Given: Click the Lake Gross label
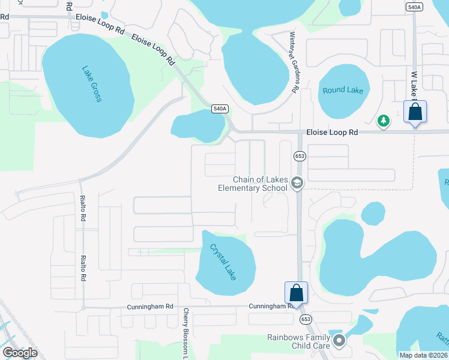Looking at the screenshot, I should click(91, 83).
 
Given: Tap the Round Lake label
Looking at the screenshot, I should click(343, 90).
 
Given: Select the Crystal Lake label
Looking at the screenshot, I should click(222, 262).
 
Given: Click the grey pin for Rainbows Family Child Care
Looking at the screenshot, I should click(339, 341).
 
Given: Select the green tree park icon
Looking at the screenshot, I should click(383, 121).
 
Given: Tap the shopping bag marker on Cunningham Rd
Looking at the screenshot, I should click(296, 293).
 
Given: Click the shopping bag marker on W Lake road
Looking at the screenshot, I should click(415, 112).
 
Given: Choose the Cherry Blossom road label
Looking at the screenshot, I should click(186, 334).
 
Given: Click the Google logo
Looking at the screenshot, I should click(20, 353).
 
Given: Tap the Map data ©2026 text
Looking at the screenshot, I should click(423, 355).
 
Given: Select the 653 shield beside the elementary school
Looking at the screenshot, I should click(300, 156).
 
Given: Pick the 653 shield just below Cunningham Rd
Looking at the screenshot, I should click(306, 319).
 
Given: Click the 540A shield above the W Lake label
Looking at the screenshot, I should click(413, 7).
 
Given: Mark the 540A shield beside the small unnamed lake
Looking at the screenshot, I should click(220, 109).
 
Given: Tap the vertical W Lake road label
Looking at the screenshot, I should click(414, 85).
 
